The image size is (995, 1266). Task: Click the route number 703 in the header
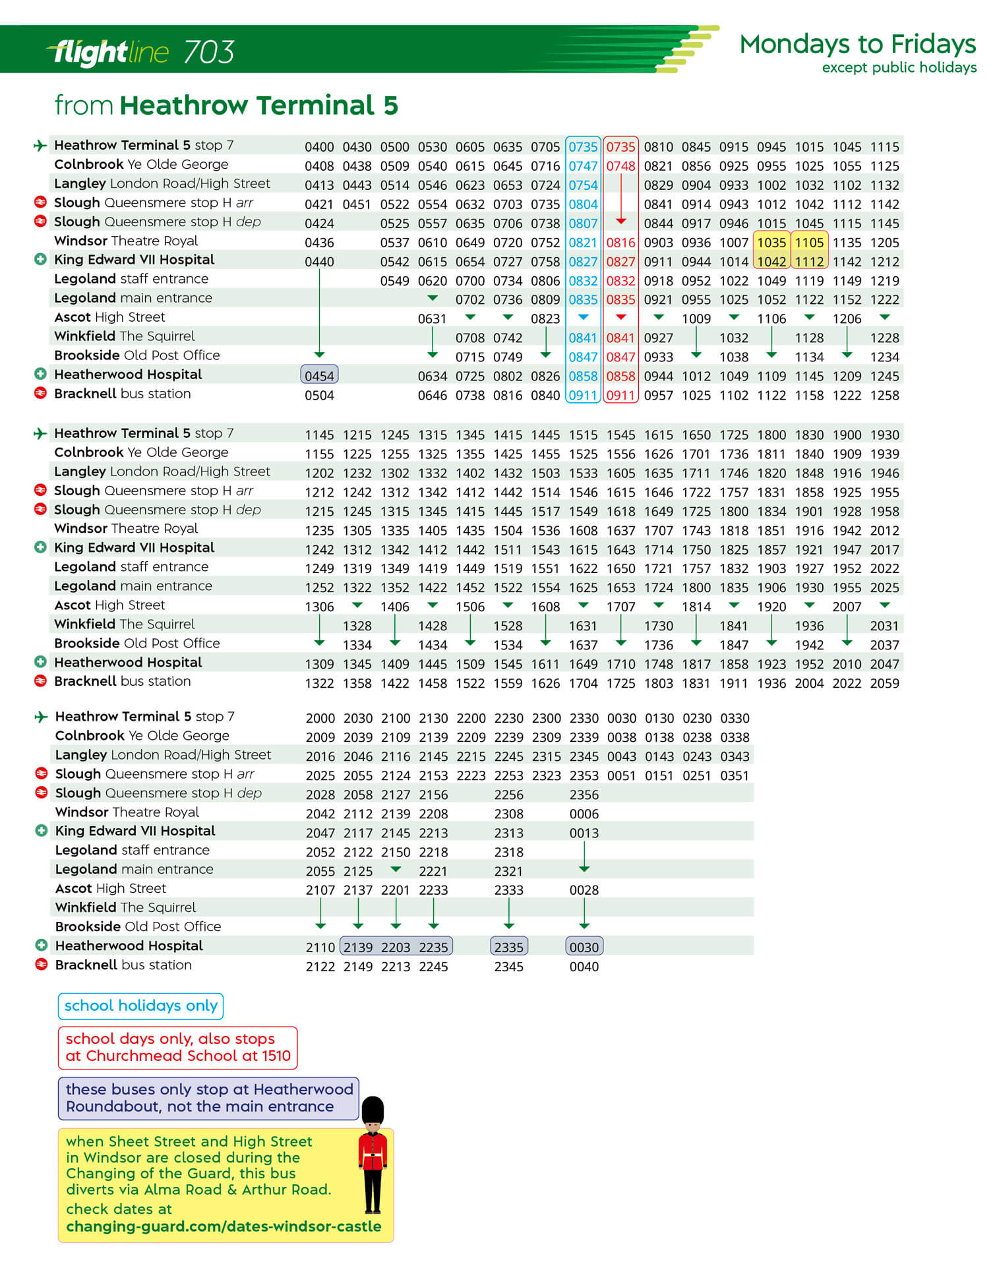tap(208, 52)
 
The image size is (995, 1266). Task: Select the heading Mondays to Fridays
tap(857, 44)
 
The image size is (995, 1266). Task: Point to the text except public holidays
tap(899, 67)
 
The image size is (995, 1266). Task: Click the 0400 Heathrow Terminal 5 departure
tap(319, 147)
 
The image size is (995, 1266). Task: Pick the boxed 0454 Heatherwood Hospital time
tap(319, 376)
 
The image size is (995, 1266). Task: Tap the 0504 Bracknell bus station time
tap(319, 396)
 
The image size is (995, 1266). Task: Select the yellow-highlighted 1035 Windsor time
tap(771, 243)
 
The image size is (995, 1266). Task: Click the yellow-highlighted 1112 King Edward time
tap(809, 262)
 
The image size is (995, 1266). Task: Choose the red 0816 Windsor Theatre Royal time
tap(620, 243)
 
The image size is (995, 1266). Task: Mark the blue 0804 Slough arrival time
tap(583, 204)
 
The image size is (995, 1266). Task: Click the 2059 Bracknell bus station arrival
tap(884, 684)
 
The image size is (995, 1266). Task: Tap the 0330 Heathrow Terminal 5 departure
tap(735, 718)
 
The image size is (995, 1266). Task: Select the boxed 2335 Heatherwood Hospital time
tap(508, 948)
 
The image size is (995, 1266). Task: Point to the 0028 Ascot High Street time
tap(584, 890)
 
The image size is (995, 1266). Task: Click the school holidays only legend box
tap(140, 1006)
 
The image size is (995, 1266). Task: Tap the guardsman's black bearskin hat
tap(373, 1111)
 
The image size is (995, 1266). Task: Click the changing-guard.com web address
tap(224, 1226)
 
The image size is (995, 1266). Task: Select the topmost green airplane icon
tap(40, 145)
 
